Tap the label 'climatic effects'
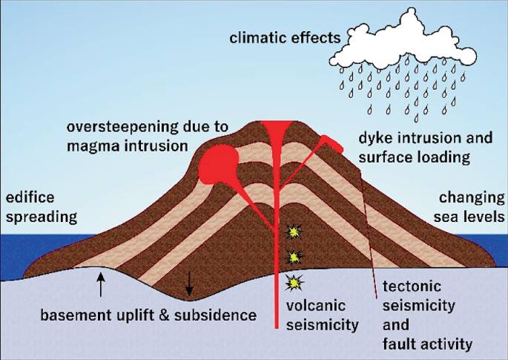[285, 37]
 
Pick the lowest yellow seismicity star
[294, 283]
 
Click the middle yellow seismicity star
[294, 257]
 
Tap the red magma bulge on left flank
[217, 161]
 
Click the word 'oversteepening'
[121, 127]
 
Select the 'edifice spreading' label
[41, 208]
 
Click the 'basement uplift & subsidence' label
[149, 315]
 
